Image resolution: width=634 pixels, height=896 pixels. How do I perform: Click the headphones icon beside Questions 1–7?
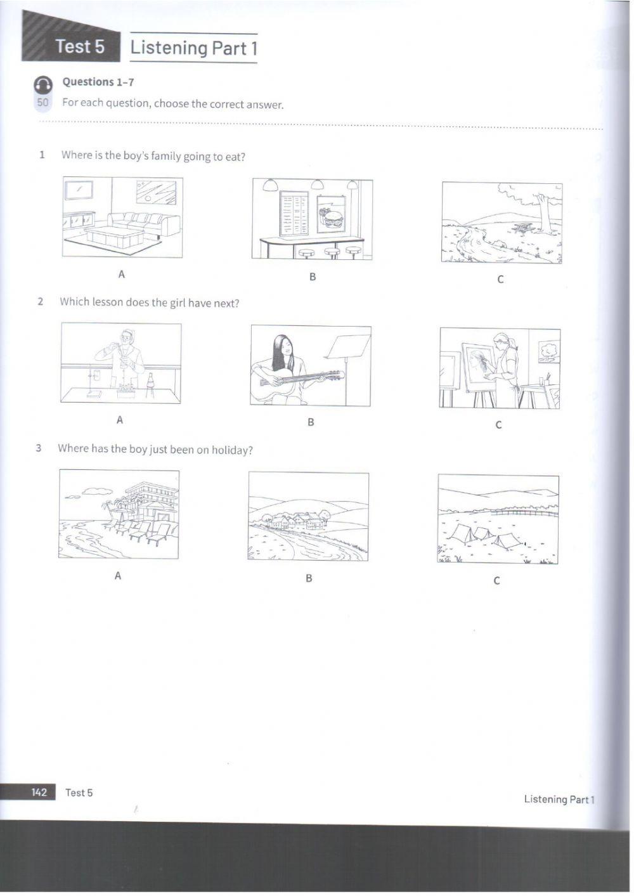(x=43, y=85)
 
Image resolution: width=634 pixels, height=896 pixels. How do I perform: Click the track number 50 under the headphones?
(x=42, y=102)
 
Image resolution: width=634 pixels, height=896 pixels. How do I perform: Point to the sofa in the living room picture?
(x=143, y=223)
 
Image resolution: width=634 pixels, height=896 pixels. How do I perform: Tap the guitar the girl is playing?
(x=298, y=379)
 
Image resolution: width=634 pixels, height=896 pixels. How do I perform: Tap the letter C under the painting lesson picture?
(x=498, y=425)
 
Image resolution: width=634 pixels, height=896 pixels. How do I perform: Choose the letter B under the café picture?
(x=313, y=276)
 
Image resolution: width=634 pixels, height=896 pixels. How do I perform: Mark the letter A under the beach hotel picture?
(x=117, y=575)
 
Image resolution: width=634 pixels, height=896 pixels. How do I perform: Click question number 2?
(x=40, y=301)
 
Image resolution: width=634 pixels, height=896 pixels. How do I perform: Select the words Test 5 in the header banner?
(x=80, y=46)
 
